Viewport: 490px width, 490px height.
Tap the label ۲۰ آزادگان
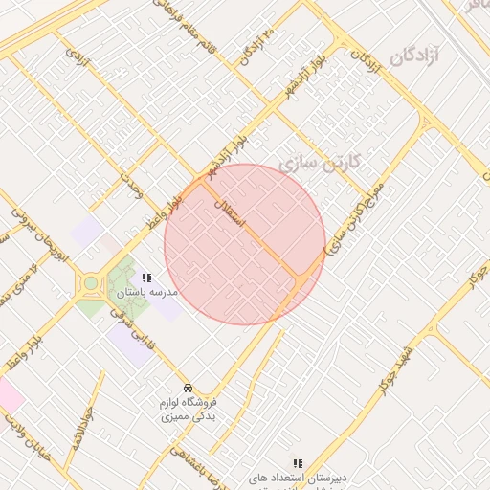coord(257,45)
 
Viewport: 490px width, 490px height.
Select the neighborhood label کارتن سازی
coord(320,163)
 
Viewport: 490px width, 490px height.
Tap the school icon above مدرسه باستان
coord(145,278)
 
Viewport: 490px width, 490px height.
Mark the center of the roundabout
coord(92,282)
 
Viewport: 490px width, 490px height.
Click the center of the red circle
coord(245,244)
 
